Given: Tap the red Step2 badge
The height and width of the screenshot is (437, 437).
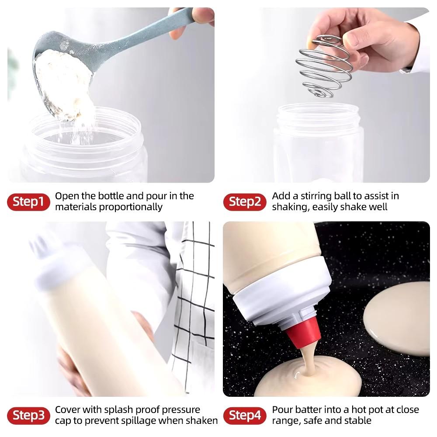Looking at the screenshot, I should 245,202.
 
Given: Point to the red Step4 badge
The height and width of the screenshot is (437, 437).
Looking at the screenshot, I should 245,416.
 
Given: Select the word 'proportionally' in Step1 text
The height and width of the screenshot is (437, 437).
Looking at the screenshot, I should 131,207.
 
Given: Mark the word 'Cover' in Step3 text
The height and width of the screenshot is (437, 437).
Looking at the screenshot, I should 68,410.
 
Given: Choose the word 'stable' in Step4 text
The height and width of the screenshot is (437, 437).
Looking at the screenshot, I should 356,421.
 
